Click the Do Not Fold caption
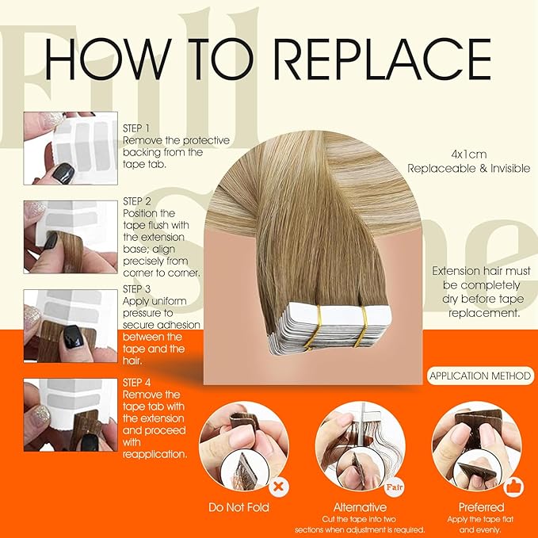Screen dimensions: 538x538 click(238, 507)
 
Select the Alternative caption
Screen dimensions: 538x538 click(360, 507)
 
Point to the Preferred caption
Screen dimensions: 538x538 click(480, 507)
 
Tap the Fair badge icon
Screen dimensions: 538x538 click(395, 480)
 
